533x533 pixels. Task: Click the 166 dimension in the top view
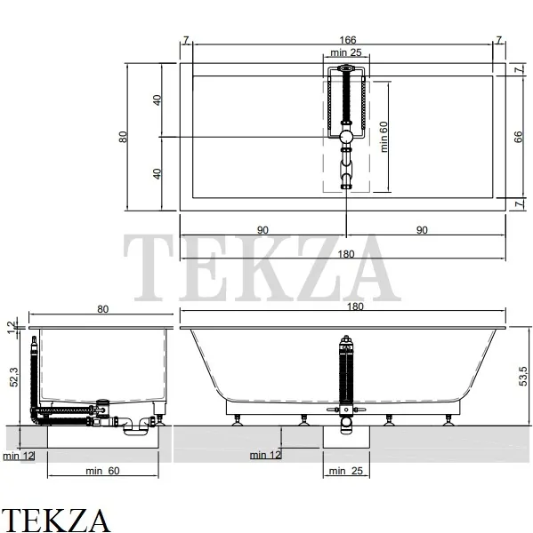[x=347, y=40]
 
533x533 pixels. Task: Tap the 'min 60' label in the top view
[x=384, y=137]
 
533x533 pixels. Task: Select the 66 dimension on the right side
[x=518, y=137]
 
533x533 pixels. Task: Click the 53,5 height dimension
[x=523, y=376]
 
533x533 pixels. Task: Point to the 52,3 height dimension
[x=14, y=377]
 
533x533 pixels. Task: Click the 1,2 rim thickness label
[x=12, y=327]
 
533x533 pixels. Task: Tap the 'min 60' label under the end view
[x=102, y=471]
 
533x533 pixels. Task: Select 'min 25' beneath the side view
[x=345, y=471]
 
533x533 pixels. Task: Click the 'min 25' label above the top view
[x=345, y=52]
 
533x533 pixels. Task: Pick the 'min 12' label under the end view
[x=19, y=456]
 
